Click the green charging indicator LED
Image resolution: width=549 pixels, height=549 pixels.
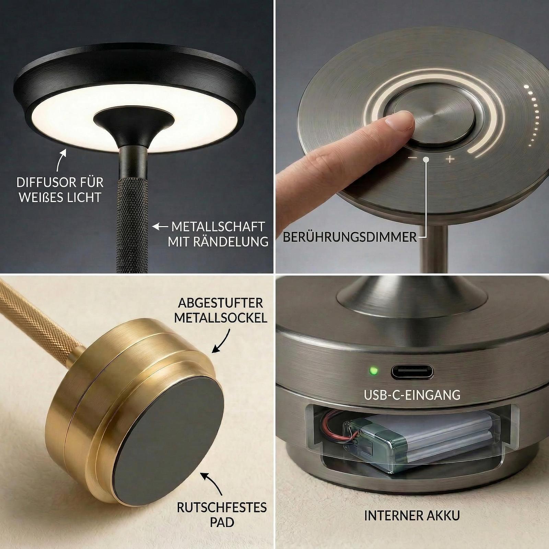tap(373, 371)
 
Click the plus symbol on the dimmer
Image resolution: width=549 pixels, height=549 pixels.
tap(450, 159)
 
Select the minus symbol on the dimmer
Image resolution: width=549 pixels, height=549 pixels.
tap(412, 159)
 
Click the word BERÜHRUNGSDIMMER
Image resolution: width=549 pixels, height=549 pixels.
tap(350, 237)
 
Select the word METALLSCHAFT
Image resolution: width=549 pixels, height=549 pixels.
tap(218, 227)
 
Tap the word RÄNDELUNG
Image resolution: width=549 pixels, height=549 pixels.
tap(232, 242)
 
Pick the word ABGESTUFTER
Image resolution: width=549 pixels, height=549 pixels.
tap(221, 303)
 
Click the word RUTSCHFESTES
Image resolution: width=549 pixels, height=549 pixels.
tap(222, 507)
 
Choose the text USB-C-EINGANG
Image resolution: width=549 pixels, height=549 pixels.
tap(412, 395)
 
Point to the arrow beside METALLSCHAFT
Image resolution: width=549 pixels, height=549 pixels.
tap(161, 227)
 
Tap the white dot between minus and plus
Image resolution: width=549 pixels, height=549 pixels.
tap(426, 159)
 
